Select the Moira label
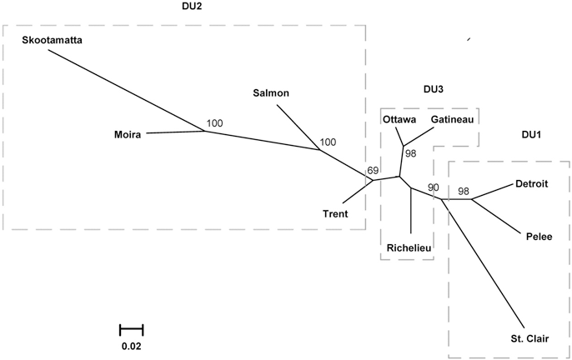tap(128, 133)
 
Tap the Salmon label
tap(270, 92)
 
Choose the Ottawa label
tap(399, 119)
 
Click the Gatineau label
tap(453, 119)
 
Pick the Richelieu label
tap(409, 247)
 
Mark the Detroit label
tap(531, 183)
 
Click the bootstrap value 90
tap(433, 187)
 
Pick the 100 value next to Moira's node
tap(215, 123)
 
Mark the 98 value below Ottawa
tap(410, 153)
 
